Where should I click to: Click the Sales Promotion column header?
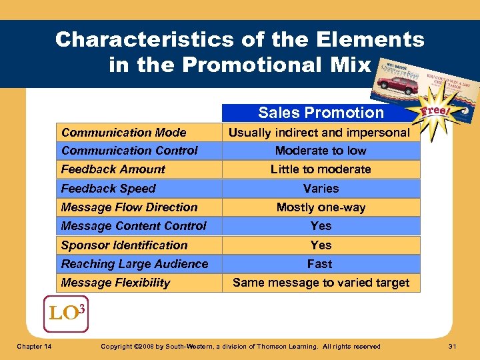pyautogui.click(x=321, y=113)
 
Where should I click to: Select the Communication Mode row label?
pyautogui.click(x=123, y=132)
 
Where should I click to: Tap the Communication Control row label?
pyautogui.click(x=129, y=151)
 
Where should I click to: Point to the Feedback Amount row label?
pyautogui.click(x=113, y=169)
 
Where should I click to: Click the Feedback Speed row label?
pyautogui.click(x=108, y=189)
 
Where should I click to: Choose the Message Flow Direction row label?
pyautogui.click(x=129, y=207)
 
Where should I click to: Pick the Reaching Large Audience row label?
pyautogui.click(x=135, y=264)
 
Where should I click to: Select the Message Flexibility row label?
pyautogui.click(x=115, y=283)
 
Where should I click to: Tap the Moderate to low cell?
pyautogui.click(x=321, y=151)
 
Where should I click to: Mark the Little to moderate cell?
pyautogui.click(x=321, y=169)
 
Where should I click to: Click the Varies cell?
pyautogui.click(x=321, y=189)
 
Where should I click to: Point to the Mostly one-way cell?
pyautogui.click(x=321, y=207)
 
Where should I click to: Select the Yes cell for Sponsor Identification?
pyautogui.click(x=321, y=245)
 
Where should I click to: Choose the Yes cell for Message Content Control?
pyautogui.click(x=321, y=226)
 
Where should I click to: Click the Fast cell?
pyautogui.click(x=321, y=264)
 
